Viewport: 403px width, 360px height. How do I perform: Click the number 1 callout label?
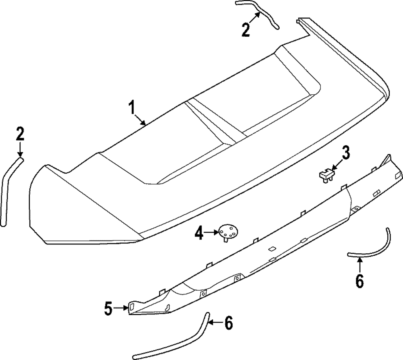click(x=131, y=108)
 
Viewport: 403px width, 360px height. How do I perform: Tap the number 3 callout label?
click(x=346, y=153)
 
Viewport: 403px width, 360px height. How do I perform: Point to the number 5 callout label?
click(x=108, y=308)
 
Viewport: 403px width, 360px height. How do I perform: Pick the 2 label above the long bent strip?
click(x=20, y=134)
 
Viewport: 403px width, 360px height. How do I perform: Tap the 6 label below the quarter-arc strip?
click(x=359, y=280)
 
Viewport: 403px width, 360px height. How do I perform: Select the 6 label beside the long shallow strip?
click(x=228, y=323)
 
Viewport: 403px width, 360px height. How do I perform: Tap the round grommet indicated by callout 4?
click(x=228, y=232)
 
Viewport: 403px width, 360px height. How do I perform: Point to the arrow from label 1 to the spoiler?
click(x=141, y=120)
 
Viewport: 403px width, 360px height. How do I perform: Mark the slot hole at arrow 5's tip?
click(x=131, y=308)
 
